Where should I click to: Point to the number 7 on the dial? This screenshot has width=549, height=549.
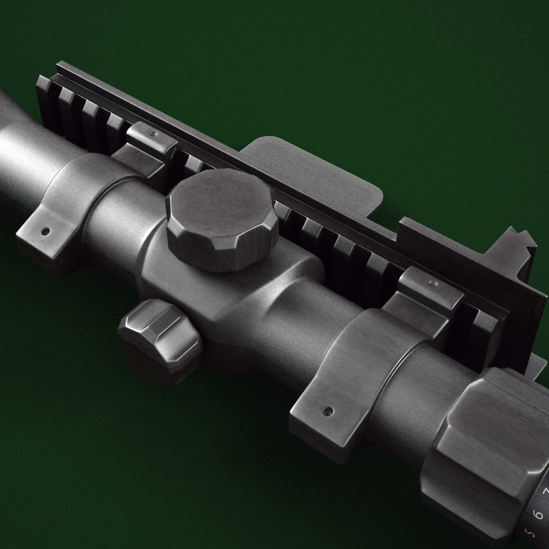(545, 492)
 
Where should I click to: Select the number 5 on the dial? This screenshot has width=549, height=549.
(531, 534)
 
